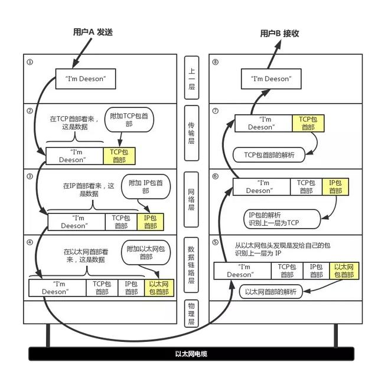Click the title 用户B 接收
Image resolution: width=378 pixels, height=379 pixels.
pyautogui.click(x=280, y=34)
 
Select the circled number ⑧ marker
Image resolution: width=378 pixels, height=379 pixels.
pyautogui.click(x=215, y=61)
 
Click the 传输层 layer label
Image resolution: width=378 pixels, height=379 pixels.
pyautogui.click(x=191, y=133)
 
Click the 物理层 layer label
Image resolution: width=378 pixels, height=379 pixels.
pyautogui.click(x=191, y=313)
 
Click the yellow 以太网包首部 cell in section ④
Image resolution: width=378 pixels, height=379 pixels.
pyautogui.click(x=159, y=288)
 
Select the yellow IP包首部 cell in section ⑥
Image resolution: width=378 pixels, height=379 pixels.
pyautogui.click(x=335, y=187)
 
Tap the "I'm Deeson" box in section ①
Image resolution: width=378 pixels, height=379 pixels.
pyautogui.click(x=86, y=79)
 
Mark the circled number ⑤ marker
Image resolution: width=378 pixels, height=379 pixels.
pyautogui.click(x=215, y=242)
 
